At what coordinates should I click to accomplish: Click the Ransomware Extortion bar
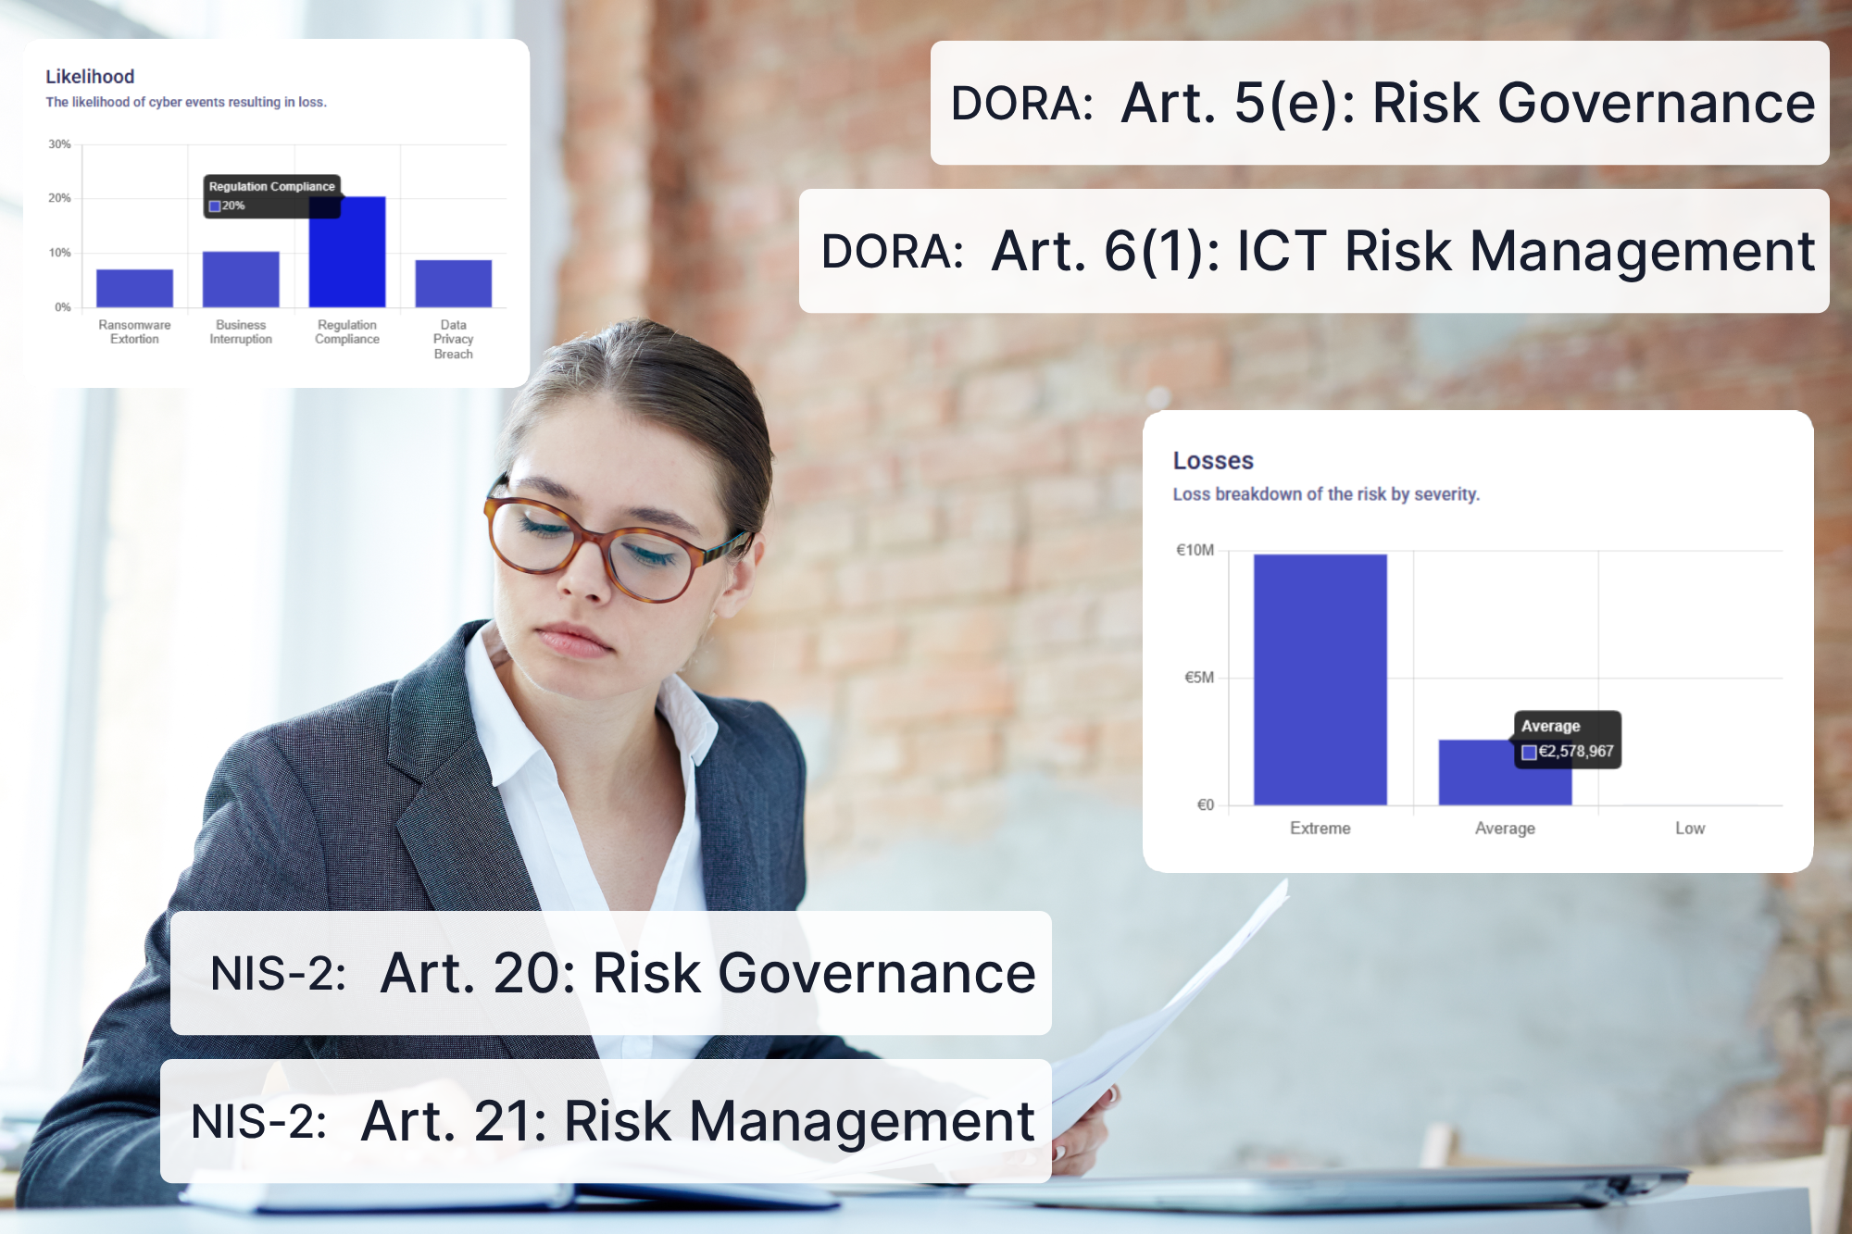pos(134,288)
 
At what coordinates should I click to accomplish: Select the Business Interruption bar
pos(241,280)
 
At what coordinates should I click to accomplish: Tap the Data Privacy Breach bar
pos(453,283)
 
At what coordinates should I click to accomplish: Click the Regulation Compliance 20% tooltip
pos(271,196)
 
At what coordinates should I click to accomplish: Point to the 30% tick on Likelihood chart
pos(60,144)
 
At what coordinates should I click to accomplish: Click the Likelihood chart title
pos(90,77)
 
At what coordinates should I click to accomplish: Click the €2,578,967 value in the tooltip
pos(1575,752)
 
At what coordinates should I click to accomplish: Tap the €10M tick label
pos(1195,550)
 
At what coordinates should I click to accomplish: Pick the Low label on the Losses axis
pos(1689,829)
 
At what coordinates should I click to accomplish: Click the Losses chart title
pos(1213,461)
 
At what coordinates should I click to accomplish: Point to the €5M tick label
pos(1198,678)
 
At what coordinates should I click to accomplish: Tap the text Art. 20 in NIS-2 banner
pos(476,973)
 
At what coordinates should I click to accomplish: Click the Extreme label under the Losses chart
pos(1320,829)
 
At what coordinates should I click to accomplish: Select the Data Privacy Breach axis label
pos(453,339)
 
